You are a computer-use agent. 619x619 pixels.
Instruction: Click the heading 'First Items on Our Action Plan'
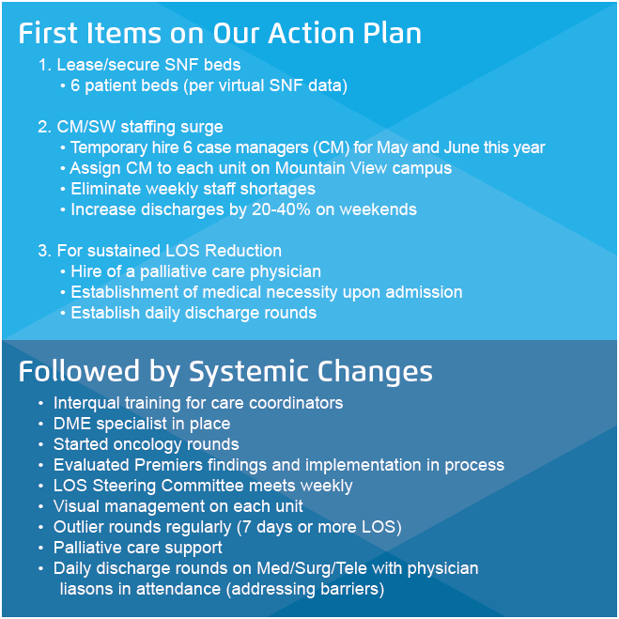click(220, 33)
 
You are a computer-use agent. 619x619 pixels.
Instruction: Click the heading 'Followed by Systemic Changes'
click(225, 371)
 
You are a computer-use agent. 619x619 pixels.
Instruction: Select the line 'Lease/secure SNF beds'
click(148, 66)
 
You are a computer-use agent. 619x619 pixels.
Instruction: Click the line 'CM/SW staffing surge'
click(139, 128)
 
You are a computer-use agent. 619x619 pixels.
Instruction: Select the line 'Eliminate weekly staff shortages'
click(193, 189)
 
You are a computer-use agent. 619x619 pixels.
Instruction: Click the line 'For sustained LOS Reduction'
click(168, 251)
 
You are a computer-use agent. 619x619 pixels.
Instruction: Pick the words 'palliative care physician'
click(231, 271)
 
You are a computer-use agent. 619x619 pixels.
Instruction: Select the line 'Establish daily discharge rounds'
click(193, 313)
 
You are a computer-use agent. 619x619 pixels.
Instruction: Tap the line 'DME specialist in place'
click(141, 424)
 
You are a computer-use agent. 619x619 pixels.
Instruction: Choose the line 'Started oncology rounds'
click(146, 444)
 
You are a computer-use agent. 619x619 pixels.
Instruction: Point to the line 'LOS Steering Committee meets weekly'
click(203, 486)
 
